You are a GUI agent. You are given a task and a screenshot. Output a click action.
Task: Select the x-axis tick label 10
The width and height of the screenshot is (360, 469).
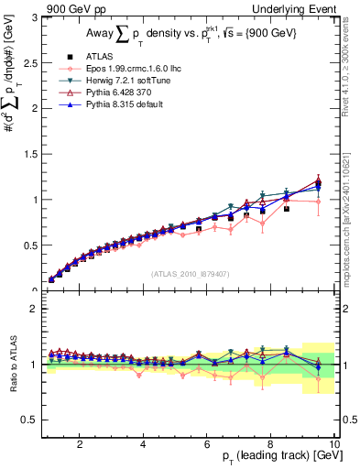click(x=333, y=444)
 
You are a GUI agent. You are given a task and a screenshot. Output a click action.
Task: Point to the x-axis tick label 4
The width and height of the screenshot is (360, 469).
click(x=143, y=444)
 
